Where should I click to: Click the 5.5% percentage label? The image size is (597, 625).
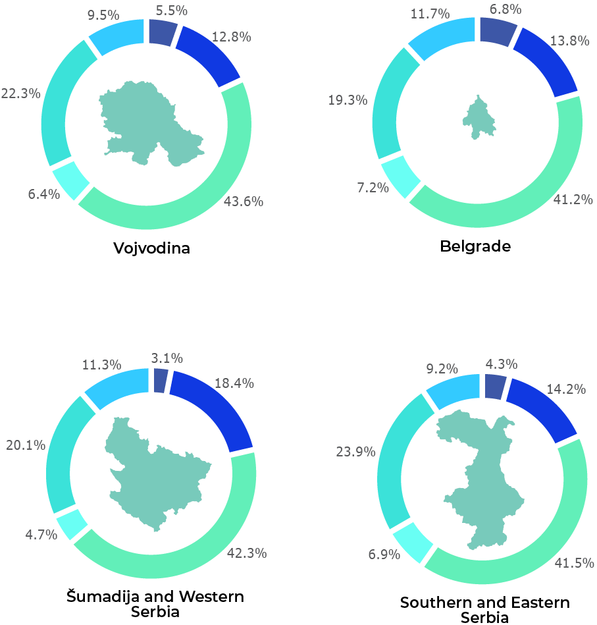[x=171, y=11]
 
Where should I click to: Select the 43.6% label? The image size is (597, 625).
[x=244, y=202]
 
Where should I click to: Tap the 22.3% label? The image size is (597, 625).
[x=20, y=94]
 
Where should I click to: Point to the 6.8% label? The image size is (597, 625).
[x=506, y=9]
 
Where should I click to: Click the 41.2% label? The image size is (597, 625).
[x=573, y=200]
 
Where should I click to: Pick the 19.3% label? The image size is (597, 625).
[x=348, y=100]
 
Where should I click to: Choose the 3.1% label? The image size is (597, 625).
[x=167, y=358]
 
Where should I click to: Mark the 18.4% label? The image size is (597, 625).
[x=234, y=383]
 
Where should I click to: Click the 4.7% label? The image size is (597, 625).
[x=41, y=535]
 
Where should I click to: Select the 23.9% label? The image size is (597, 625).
[x=355, y=452]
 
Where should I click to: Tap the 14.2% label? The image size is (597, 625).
[x=566, y=389]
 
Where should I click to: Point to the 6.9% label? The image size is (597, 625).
[x=384, y=555]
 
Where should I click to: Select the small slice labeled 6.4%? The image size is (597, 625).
[x=70, y=179]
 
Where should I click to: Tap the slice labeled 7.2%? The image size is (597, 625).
[x=401, y=176]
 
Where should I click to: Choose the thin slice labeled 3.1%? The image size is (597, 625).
[x=160, y=381]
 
